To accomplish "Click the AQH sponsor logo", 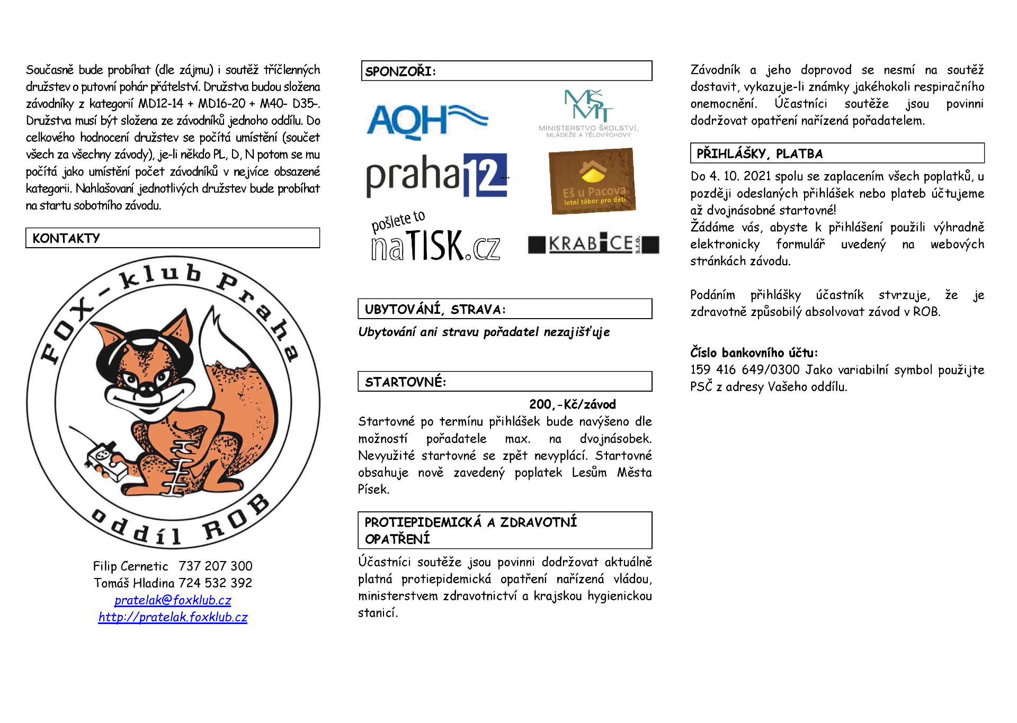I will coord(426,120).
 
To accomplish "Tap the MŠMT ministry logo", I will coord(588,113).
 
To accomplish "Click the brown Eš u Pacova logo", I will coord(592,180).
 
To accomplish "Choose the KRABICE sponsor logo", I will coord(593,244).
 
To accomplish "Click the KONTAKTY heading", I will coord(66,238).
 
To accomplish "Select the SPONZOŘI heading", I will coord(400,71).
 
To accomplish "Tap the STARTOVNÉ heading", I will coord(405,382).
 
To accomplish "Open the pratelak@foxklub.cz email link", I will coord(173,600).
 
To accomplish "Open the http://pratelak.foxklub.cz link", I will coord(173,617).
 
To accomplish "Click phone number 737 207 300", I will coord(215,566).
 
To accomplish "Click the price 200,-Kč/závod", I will coord(572,405).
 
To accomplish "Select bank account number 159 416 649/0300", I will coord(745,370).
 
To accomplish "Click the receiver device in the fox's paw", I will coord(104,456).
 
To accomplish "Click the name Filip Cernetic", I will coord(130,566).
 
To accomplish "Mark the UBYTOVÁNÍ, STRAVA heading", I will coord(435,310).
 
